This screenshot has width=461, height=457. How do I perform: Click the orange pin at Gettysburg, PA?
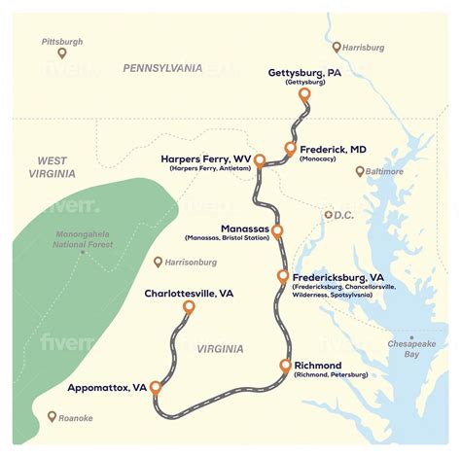pyautogui.click(x=304, y=95)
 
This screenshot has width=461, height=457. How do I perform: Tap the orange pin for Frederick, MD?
pyautogui.click(x=290, y=148)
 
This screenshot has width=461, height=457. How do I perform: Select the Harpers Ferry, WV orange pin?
pyautogui.click(x=260, y=160)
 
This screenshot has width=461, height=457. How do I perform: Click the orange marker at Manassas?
pyautogui.click(x=277, y=230)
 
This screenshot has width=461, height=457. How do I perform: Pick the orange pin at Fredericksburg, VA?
pyautogui.click(x=283, y=277)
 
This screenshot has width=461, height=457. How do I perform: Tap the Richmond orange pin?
pyautogui.click(x=285, y=366)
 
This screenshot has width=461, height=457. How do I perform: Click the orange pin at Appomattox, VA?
pyautogui.click(x=155, y=387)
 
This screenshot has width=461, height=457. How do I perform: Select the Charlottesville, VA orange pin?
pyautogui.click(x=189, y=307)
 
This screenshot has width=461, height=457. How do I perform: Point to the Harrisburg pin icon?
pyautogui.click(x=337, y=47)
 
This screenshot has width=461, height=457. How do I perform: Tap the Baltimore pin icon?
pyautogui.click(x=359, y=171)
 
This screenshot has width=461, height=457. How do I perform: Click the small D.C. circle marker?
pyautogui.click(x=329, y=215)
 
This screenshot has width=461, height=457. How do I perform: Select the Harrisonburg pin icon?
pyautogui.click(x=159, y=262)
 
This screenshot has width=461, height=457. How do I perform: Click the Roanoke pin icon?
pyautogui.click(x=53, y=417)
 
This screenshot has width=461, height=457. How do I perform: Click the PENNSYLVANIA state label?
pyautogui.click(x=162, y=68)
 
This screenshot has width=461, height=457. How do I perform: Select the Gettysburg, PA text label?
pyautogui.click(x=304, y=72)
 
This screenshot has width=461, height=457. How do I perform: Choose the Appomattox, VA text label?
pyautogui.click(x=107, y=388)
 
